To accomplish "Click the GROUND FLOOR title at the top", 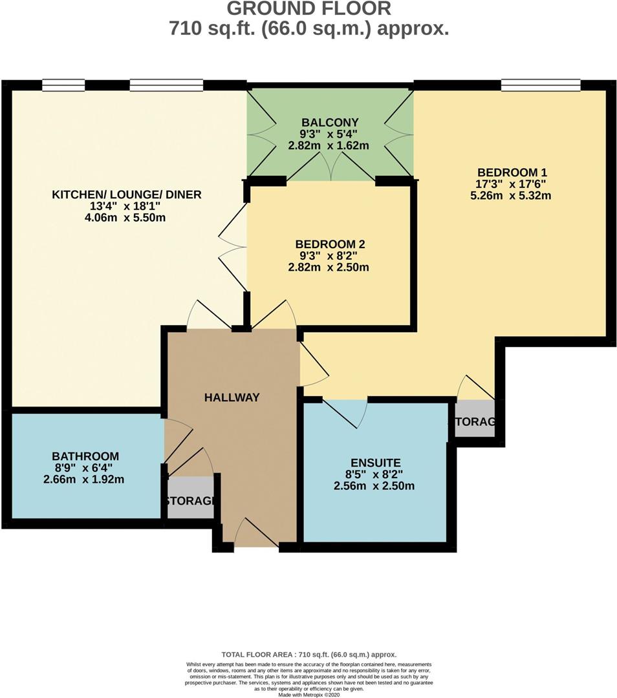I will pyautogui.click(x=308, y=9).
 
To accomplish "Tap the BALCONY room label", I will pyautogui.click(x=329, y=122).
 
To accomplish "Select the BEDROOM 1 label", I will pyautogui.click(x=512, y=173).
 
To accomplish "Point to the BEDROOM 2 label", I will pyautogui.click(x=330, y=244).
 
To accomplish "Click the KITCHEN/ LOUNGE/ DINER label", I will pyautogui.click(x=127, y=195).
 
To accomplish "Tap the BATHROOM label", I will pyautogui.click(x=86, y=456).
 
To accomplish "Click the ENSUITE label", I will pyautogui.click(x=376, y=463).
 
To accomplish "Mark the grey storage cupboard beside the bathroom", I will pyautogui.click(x=190, y=498).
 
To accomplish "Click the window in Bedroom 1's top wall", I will pyautogui.click(x=541, y=85).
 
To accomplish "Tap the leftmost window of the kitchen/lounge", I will pyautogui.click(x=63, y=85).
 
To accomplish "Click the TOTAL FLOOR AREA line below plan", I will pyautogui.click(x=308, y=655).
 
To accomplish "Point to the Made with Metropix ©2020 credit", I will pyautogui.click(x=308, y=695).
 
